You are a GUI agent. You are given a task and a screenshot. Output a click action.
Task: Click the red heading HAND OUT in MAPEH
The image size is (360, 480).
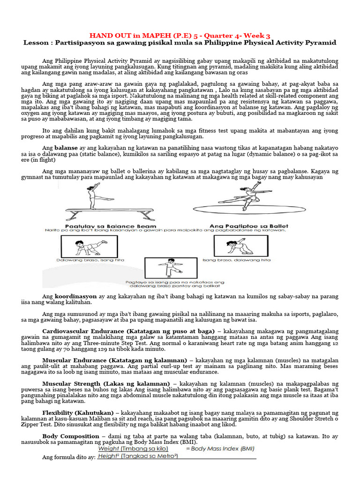(x=180, y=35)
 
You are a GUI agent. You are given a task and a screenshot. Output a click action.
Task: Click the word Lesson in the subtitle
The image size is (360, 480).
(x=36, y=43)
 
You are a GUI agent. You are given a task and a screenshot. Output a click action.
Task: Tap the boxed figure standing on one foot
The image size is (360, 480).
(x=171, y=268)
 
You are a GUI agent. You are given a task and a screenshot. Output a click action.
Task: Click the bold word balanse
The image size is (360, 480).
(x=66, y=148)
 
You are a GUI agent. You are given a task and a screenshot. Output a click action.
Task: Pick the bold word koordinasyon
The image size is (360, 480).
(x=75, y=297)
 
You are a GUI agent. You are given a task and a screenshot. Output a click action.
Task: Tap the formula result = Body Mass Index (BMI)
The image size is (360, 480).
(x=221, y=449)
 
